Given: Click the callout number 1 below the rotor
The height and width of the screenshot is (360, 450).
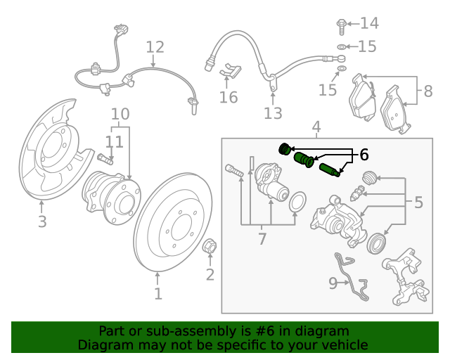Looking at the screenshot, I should click(158, 293).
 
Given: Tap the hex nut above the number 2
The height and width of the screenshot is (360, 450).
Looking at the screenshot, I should click(209, 247).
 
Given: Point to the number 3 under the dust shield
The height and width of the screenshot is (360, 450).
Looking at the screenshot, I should click(42, 222).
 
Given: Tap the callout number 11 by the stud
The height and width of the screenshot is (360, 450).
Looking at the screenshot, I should click(114, 141).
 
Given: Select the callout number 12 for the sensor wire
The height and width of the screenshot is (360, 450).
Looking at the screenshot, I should click(155, 47).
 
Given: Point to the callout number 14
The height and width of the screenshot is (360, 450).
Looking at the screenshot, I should click(369, 24).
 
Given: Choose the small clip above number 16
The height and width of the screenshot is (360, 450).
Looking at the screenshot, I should click(230, 70).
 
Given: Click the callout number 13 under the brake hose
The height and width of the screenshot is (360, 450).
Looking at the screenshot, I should click(273, 112).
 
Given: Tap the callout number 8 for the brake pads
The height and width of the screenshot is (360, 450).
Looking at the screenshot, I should click(427, 91).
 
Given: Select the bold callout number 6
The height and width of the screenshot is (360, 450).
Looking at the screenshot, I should click(364, 155).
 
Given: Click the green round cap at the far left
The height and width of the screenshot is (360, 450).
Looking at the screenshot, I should click(285, 148).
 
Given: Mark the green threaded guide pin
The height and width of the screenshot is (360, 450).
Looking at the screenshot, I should click(329, 170).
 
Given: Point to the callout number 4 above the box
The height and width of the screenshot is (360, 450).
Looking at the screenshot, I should click(316, 127).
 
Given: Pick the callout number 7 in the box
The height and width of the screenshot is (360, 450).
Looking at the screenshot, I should click(262, 239).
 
